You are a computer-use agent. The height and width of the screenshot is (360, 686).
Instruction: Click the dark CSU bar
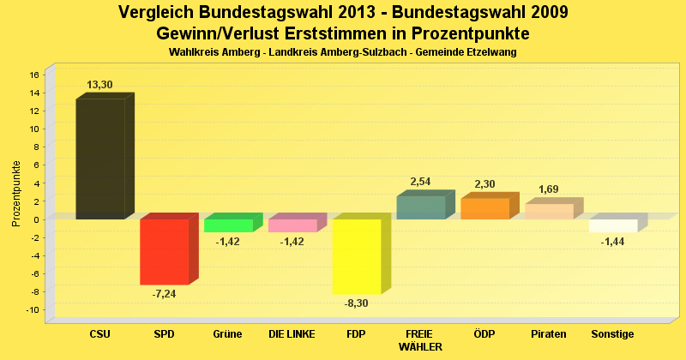100,159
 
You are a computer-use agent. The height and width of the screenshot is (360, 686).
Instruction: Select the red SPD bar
164,251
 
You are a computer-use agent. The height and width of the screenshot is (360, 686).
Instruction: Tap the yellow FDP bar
357,256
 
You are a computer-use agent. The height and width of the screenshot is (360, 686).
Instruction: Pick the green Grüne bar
228,225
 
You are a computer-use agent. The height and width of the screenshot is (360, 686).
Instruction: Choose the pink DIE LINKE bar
292,225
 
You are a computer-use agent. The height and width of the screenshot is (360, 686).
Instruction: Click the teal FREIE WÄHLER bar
420,207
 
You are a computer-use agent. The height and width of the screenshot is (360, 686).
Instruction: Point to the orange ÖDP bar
484,208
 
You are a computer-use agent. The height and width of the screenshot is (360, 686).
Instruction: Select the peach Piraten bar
549,211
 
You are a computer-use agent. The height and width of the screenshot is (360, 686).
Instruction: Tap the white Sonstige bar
613,225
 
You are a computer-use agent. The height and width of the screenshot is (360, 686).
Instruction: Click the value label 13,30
99,84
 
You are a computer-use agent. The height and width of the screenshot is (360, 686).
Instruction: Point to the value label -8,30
357,303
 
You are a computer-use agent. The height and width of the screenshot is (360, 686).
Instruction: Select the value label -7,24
164,293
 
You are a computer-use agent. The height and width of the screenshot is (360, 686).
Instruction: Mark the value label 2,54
421,181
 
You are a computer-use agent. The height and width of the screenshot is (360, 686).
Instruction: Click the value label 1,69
549,189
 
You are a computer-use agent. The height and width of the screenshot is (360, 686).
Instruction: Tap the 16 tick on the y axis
35,75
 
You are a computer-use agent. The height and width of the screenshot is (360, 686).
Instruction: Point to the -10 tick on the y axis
33,309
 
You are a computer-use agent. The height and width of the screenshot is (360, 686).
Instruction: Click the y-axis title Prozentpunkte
16,193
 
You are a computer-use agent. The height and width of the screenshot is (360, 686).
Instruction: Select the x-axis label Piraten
549,333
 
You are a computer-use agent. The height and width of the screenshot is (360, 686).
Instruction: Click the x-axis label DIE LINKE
292,333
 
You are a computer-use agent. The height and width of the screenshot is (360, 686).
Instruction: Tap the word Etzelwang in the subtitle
490,52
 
